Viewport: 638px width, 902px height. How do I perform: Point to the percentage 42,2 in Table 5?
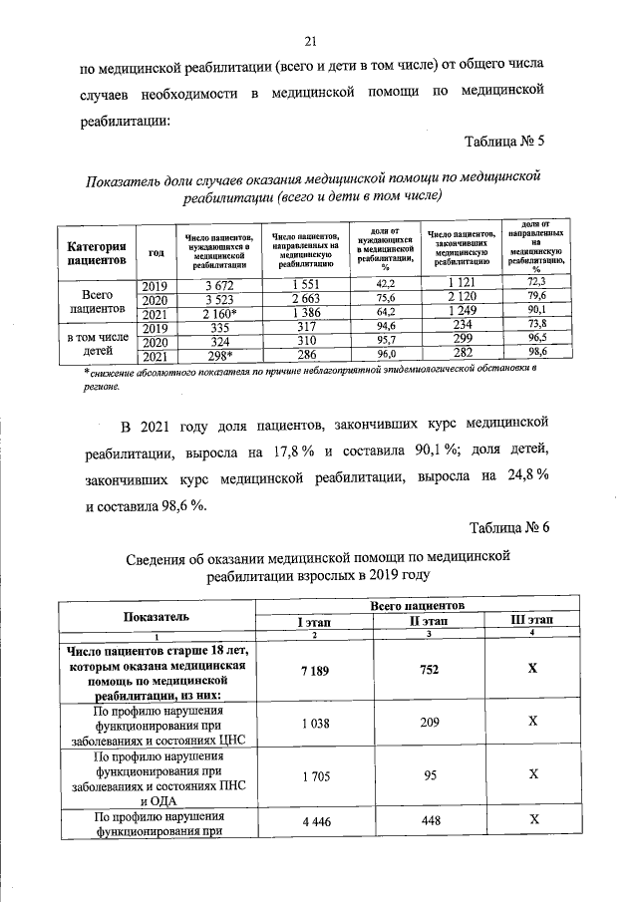385,287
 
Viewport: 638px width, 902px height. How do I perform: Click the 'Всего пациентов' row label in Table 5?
96,300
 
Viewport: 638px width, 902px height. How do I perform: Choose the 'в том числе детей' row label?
96,340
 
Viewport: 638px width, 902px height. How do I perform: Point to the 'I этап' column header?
315,622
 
